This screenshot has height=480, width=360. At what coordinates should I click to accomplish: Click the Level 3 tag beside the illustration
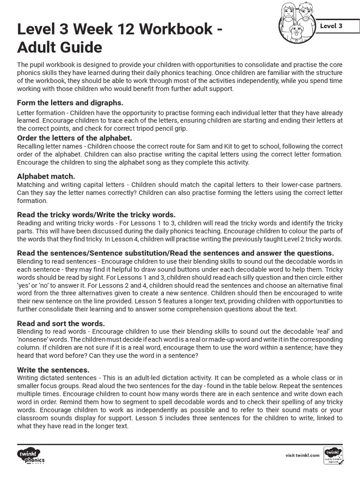pyautogui.click(x=331, y=26)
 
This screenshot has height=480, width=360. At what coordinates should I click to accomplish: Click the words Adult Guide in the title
pyautogui.click(x=60, y=47)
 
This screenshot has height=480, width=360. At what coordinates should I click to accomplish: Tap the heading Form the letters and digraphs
pyautogui.click(x=70, y=102)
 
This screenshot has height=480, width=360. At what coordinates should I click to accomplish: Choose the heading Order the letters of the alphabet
pyautogui.click(x=75, y=138)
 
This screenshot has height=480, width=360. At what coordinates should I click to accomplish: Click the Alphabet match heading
pyautogui.click(x=46, y=176)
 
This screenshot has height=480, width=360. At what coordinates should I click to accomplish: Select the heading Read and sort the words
pyautogui.click(x=61, y=323)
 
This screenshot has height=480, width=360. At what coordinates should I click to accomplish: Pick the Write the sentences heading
pyautogui.click(x=53, y=369)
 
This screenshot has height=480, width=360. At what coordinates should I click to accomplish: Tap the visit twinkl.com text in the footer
pyautogui.click(x=302, y=455)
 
